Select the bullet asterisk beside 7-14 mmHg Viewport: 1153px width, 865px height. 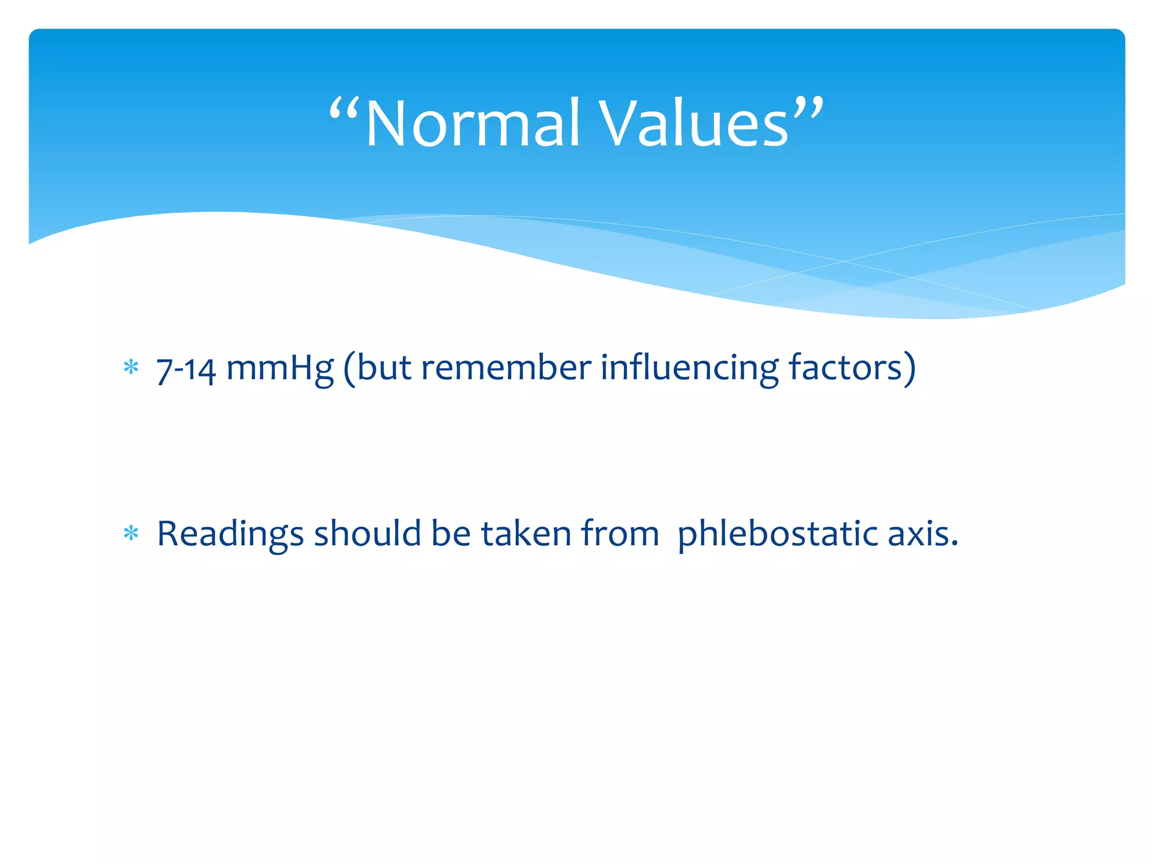[x=131, y=368]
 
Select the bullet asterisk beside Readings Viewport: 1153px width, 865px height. [x=131, y=533]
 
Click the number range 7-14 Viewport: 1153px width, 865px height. [x=186, y=369]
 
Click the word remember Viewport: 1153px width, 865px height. [x=506, y=368]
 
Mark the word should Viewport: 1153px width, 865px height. [x=367, y=533]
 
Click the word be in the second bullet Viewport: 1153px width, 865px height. [x=450, y=533]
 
